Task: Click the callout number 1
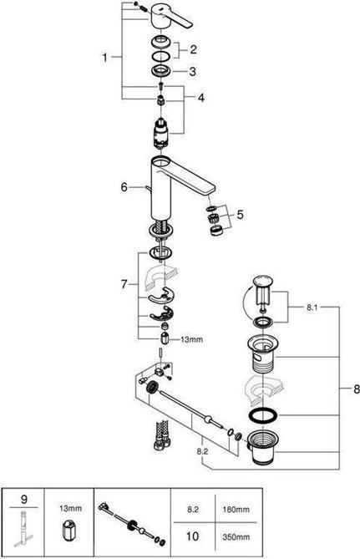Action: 104,57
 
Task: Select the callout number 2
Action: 193,49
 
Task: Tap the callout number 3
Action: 192,71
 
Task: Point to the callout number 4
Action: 201,97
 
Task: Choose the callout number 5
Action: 240,215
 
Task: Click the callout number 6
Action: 124,187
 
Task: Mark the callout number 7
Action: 124,284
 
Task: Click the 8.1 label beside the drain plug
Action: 312,307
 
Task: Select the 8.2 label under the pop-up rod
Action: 202,451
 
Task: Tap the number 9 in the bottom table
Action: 24,499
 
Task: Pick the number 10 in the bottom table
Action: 192,536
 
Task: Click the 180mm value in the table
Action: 236,510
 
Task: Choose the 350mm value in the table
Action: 236,537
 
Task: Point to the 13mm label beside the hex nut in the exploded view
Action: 191,340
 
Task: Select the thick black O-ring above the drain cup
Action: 262,415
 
